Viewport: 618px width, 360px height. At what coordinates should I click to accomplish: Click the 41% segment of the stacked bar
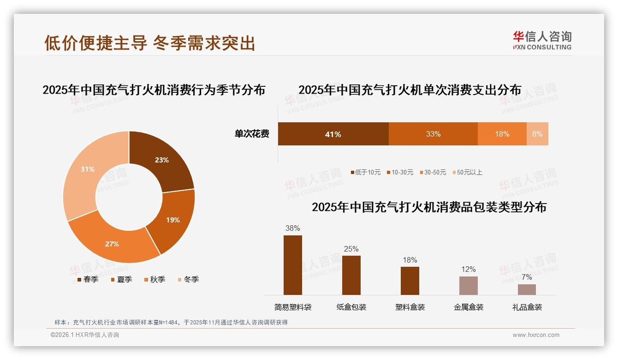(333, 134)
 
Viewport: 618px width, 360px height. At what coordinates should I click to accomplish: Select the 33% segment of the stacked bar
(433, 134)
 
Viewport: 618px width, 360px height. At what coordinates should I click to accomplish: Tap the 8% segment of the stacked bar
(537, 134)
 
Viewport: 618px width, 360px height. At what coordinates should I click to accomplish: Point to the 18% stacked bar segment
(502, 134)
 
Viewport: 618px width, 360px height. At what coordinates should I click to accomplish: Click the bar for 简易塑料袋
(293, 265)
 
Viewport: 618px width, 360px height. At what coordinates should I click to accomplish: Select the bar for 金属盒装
(468, 286)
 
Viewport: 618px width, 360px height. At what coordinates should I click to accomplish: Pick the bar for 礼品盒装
(527, 289)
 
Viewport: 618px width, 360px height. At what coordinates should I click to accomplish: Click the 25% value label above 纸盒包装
(351, 249)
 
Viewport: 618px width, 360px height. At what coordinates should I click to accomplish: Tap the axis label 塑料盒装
(410, 307)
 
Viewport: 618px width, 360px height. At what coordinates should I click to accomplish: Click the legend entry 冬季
(188, 279)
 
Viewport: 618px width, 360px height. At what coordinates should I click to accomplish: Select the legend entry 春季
(88, 279)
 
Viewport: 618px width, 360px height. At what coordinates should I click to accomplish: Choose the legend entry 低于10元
(365, 173)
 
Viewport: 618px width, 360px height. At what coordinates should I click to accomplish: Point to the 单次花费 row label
(252, 134)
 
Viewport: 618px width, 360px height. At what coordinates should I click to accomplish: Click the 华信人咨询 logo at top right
(542, 41)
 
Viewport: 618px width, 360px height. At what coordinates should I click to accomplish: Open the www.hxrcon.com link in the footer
(536, 335)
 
